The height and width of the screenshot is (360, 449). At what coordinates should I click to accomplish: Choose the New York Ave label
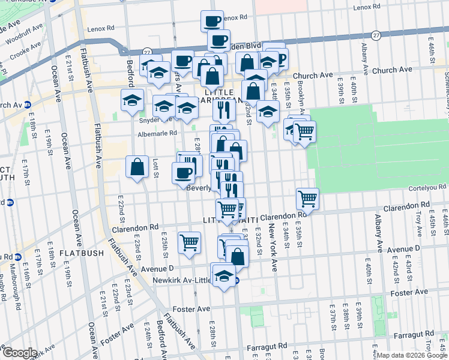click(273, 247)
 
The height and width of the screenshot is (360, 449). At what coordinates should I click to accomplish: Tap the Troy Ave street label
click(418, 224)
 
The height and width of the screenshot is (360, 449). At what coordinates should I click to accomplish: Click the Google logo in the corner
click(20, 353)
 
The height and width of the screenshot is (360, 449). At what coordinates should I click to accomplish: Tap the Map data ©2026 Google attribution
click(411, 355)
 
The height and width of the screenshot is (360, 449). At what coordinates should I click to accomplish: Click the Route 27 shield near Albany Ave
click(376, 35)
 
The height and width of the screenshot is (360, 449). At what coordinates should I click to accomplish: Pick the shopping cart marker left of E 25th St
click(189, 243)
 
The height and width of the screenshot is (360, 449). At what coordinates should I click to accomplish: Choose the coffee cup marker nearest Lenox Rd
click(212, 21)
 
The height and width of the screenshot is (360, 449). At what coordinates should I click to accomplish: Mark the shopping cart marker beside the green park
click(304, 131)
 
